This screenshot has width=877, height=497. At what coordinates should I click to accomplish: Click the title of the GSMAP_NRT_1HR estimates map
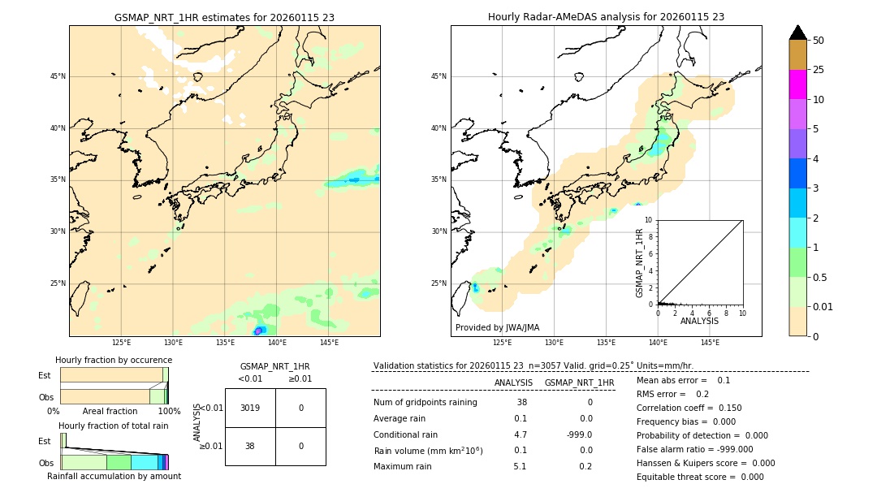[224, 17]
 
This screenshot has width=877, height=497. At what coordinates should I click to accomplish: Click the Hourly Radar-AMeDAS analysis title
[606, 17]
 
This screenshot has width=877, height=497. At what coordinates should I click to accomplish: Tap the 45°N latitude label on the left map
[58, 76]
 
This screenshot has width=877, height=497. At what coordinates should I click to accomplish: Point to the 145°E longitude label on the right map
[710, 343]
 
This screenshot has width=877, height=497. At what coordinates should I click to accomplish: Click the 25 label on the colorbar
[819, 70]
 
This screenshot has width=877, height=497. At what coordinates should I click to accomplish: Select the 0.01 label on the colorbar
[822, 306]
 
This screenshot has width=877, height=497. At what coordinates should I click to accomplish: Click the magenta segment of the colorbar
[797, 84]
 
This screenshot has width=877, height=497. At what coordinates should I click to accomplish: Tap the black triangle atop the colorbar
[798, 32]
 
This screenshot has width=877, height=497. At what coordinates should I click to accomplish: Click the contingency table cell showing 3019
[250, 408]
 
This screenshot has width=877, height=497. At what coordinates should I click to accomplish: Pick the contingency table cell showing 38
[250, 446]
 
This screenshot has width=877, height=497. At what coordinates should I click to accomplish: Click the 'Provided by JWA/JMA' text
[497, 328]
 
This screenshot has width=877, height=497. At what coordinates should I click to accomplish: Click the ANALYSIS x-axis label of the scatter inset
[699, 322]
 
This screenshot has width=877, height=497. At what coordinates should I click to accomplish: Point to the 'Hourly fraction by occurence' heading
[114, 360]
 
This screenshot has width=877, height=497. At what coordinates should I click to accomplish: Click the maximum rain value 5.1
[520, 466]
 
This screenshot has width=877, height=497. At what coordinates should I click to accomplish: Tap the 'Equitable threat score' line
[700, 477]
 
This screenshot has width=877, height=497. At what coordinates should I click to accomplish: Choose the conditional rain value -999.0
[579, 434]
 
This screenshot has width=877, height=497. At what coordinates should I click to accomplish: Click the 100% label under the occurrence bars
[169, 411]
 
